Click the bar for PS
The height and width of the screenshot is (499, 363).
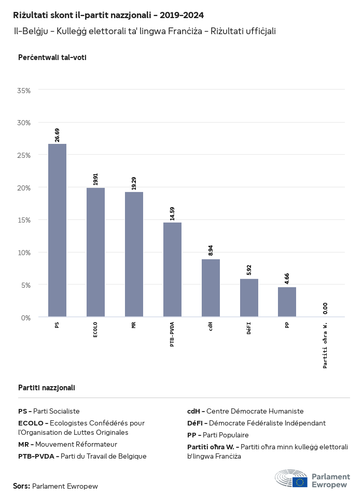click(x=57, y=230)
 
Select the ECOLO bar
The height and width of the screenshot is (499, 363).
click(x=95, y=252)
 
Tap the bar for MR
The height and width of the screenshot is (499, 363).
click(x=134, y=254)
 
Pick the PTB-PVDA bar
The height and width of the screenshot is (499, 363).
click(x=172, y=269)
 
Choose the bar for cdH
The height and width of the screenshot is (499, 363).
click(x=211, y=288)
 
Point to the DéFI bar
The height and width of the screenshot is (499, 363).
click(x=249, y=298)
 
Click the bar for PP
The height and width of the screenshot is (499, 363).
click(x=287, y=301)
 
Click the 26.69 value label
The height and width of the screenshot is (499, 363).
click(x=57, y=135)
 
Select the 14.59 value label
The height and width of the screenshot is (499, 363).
click(x=172, y=213)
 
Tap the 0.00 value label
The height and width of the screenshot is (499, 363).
click(x=325, y=309)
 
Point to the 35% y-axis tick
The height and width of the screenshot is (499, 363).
click(x=24, y=90)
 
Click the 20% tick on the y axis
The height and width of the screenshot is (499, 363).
click(x=24, y=187)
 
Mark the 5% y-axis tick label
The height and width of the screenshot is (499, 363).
click(x=26, y=285)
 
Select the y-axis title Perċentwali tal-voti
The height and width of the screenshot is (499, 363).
click(x=52, y=57)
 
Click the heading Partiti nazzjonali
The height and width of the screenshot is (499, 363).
click(x=46, y=387)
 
